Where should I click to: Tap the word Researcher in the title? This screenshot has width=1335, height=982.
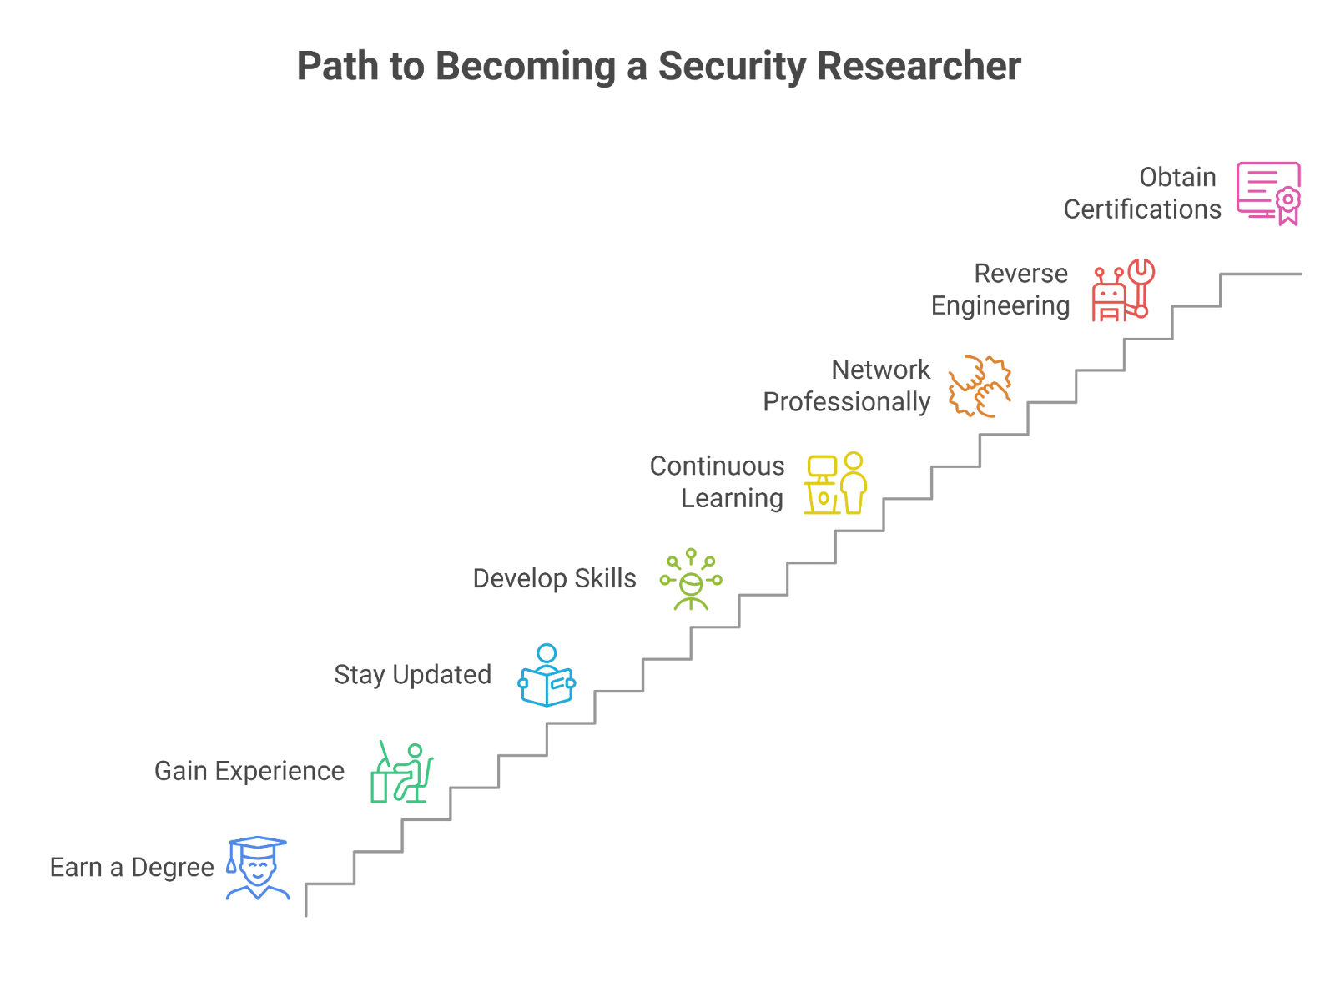[x=919, y=66]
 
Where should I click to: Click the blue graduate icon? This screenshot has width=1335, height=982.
[x=258, y=869]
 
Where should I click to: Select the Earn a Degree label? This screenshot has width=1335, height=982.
[x=132, y=869]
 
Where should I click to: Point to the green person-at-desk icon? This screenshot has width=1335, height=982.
[x=402, y=773]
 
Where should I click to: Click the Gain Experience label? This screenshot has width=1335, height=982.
[x=249, y=772]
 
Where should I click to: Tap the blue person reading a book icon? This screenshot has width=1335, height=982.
[x=547, y=676]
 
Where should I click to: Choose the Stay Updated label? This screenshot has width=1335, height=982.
[x=412, y=676]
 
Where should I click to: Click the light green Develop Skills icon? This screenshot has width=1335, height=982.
[x=692, y=580]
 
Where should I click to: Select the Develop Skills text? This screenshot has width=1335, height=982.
[x=554, y=579]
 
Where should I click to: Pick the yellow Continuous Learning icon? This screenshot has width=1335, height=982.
[x=835, y=483]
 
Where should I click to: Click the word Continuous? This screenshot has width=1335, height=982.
[x=717, y=466]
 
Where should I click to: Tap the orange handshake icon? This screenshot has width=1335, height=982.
[x=980, y=387]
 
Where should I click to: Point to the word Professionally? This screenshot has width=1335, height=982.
[x=846, y=403]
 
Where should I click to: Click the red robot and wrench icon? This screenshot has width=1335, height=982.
[x=1123, y=290]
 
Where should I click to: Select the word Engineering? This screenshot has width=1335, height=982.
[x=1000, y=306]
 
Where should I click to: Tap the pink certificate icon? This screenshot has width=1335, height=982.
[x=1268, y=194]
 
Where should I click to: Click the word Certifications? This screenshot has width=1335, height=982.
[x=1142, y=209]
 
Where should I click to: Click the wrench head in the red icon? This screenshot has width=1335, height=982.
[x=1141, y=271]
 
